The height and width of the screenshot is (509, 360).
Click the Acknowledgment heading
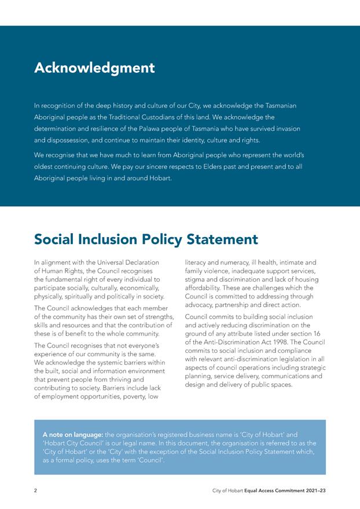point(94,68)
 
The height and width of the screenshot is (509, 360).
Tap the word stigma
point(196,279)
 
